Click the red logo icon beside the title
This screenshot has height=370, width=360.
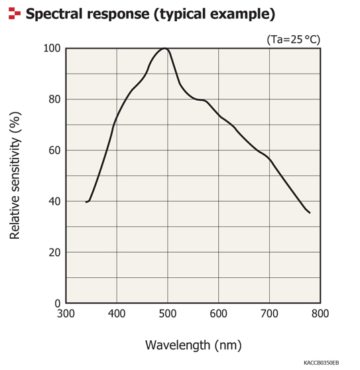coord(13,13)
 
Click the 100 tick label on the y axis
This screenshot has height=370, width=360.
coord(52,48)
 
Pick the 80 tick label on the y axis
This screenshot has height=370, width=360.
coord(54,99)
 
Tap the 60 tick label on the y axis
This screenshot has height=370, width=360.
coord(54,151)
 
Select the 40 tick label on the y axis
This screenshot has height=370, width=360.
coord(54,202)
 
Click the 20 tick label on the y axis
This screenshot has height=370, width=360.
coord(54,253)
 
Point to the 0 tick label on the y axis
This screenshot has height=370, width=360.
coord(57,304)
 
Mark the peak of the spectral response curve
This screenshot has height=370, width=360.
coord(164,48)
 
